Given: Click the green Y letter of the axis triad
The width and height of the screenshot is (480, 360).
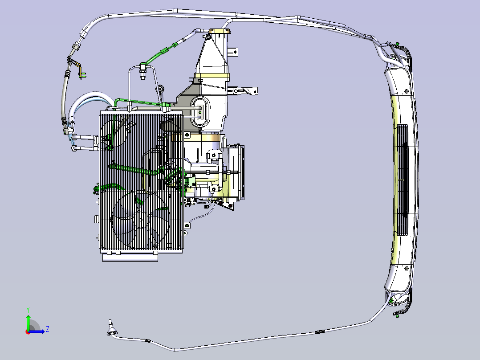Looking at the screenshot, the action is pyautogui.click(x=28, y=310).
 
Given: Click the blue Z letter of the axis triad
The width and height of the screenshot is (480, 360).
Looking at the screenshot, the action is pyautogui.click(x=48, y=329).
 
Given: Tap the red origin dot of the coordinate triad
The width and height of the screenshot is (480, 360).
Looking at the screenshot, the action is pyautogui.click(x=28, y=332).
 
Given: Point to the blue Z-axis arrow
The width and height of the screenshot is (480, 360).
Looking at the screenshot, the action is pyautogui.click(x=37, y=331).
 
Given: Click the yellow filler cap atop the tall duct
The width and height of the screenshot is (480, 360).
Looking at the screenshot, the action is pyautogui.click(x=220, y=31).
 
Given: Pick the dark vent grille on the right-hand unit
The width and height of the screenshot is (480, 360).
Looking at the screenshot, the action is pyautogui.click(x=402, y=180).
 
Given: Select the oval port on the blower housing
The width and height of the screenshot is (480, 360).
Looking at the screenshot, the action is pyautogui.click(x=200, y=111).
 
